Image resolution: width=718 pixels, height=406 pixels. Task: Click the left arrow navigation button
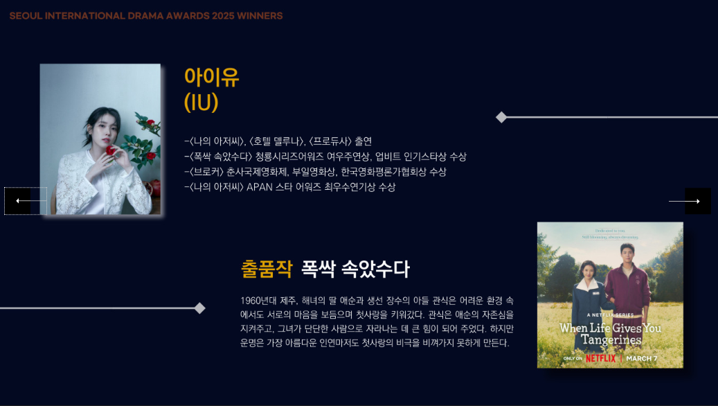point(25,201)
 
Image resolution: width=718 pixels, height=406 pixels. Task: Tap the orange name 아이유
point(211,77)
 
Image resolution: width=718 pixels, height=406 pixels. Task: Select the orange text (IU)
point(201,103)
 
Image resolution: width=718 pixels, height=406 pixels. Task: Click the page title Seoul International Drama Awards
point(145,16)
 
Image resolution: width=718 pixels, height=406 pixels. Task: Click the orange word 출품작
point(266,269)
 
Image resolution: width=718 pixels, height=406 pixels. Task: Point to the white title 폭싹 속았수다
point(354,269)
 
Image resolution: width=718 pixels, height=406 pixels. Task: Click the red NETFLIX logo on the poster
point(600,358)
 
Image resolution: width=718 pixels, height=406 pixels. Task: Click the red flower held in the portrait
point(111,150)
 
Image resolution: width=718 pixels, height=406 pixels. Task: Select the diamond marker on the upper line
point(501,117)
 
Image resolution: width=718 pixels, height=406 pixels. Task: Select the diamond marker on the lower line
point(199,308)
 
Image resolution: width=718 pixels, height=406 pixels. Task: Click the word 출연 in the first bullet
point(363,141)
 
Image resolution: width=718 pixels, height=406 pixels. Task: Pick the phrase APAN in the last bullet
point(259,187)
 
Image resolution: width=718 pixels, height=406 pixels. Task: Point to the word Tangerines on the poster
point(611,339)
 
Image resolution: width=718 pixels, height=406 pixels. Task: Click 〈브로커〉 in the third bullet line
point(206,172)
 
